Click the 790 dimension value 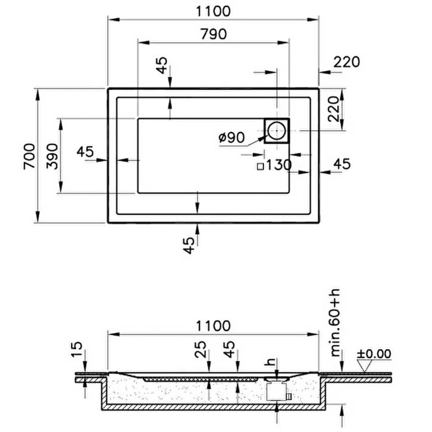tap(213, 34)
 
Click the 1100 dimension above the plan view tap(213, 11)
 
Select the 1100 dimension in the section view tap(213, 326)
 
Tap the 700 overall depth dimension tap(30, 156)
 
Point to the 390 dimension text tap(52, 156)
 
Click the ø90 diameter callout tap(231, 137)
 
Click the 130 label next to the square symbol tap(279, 165)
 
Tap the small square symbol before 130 tap(260, 167)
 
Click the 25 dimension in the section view tap(201, 349)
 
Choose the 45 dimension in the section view tap(229, 349)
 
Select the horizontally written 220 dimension tap(347, 62)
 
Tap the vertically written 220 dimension tap(333, 109)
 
